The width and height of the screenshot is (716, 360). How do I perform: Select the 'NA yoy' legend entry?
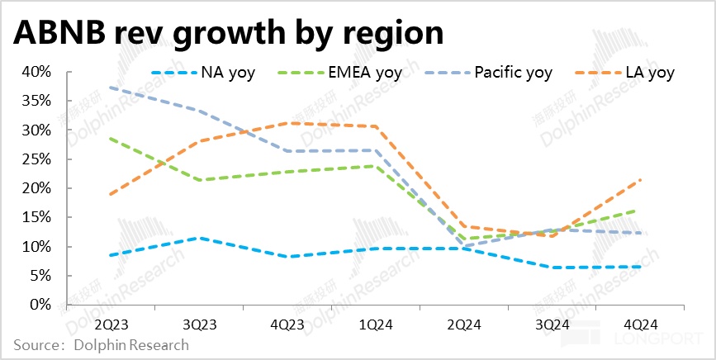coord(227,73)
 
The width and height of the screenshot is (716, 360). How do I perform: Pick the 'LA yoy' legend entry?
coord(647,73)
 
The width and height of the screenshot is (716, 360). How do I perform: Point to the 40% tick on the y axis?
coord(36,72)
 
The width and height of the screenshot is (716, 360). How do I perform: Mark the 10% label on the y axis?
coord(36,247)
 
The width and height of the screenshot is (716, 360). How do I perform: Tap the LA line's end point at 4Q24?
coord(641,180)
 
